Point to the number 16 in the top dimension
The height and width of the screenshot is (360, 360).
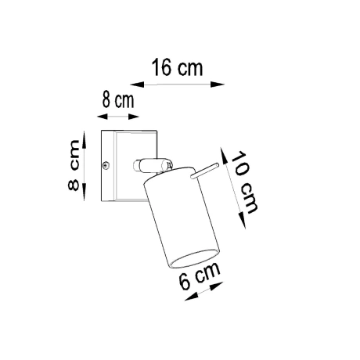point(163,67)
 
